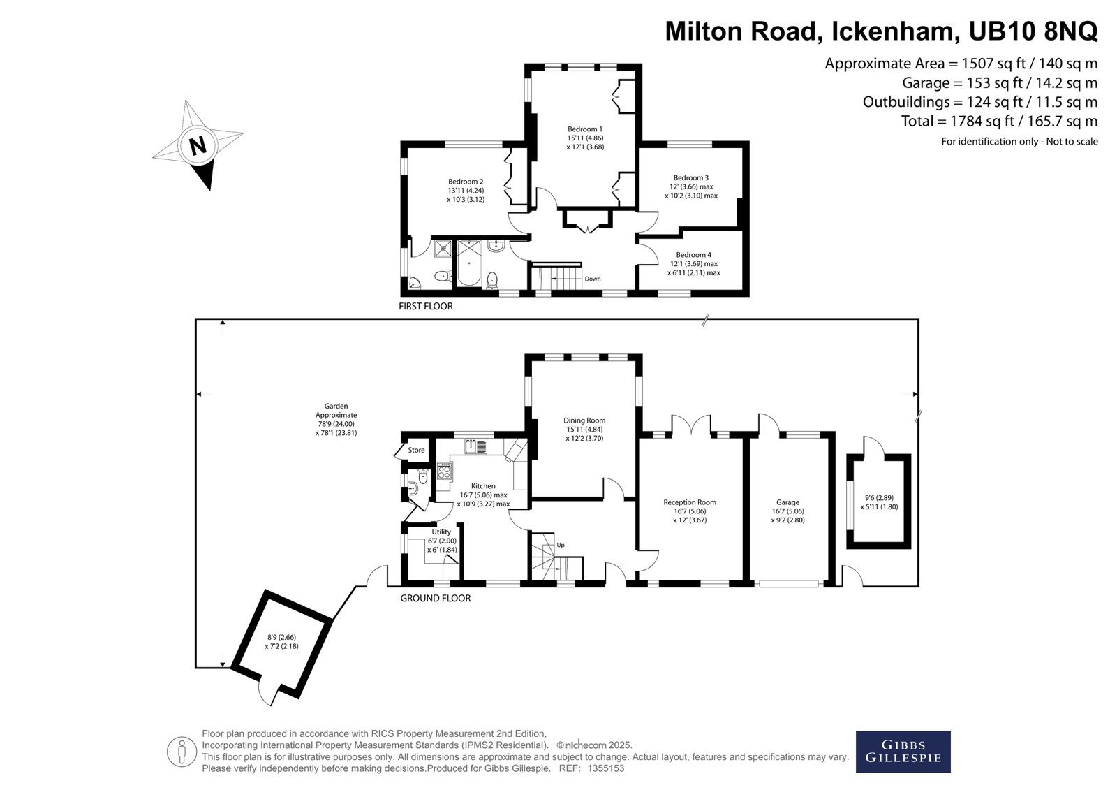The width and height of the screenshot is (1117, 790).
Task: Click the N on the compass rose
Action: click(198, 146)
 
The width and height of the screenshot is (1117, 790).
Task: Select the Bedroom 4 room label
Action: click(694, 255)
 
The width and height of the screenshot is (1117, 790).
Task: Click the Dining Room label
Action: click(584, 420)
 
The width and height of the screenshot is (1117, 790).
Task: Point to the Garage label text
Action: click(788, 502)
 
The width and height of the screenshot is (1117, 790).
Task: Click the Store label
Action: click(416, 450)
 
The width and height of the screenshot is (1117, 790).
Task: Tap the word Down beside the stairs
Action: click(593, 279)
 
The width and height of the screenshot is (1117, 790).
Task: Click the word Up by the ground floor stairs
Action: click(561, 546)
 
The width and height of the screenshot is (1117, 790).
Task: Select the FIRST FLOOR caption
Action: click(426, 307)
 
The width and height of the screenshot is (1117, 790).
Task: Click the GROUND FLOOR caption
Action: click(436, 598)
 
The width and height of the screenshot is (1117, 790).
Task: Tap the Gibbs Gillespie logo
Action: click(903, 752)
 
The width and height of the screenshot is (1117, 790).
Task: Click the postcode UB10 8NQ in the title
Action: click(1033, 31)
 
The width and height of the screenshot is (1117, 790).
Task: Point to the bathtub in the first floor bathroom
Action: click(468, 263)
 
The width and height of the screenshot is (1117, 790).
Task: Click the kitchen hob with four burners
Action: click(444, 471)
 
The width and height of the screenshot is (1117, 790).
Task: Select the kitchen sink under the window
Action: click(475, 446)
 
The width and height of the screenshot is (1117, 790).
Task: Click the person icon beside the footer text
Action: click(182, 752)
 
